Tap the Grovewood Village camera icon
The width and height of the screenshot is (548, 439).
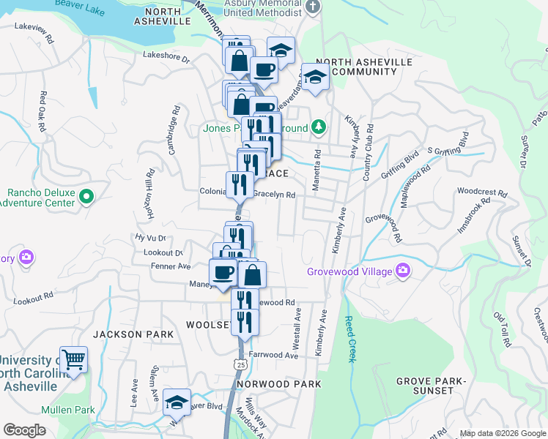point(403,271)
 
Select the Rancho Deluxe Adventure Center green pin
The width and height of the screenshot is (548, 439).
point(86,196)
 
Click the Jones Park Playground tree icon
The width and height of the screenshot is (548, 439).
point(318,127)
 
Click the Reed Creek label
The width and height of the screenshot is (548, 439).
point(349,339)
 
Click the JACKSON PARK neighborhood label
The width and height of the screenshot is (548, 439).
point(133,334)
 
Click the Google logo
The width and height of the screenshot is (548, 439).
point(24,430)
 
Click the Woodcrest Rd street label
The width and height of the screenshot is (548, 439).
point(481,193)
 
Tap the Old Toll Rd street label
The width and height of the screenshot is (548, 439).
point(501,329)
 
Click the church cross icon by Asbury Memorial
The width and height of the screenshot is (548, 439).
point(313,7)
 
